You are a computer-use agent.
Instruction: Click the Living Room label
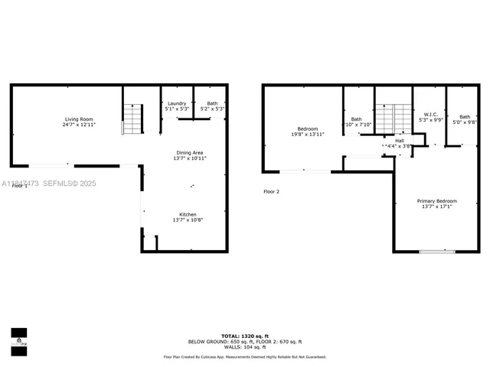79,119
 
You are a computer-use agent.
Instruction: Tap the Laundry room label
176,103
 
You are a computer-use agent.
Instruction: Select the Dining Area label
189,152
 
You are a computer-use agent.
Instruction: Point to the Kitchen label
188,214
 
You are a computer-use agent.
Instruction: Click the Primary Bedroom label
437,201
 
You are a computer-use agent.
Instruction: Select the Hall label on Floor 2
399,141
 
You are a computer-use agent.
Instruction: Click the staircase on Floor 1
132,119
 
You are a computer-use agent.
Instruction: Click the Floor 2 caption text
272,192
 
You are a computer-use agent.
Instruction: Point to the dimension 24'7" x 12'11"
79,125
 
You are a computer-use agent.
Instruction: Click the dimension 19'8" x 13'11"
307,135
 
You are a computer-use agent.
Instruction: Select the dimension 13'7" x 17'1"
437,206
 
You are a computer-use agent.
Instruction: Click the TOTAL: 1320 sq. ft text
245,336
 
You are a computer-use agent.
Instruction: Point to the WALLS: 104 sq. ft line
245,347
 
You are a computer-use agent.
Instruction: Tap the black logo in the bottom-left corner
18,336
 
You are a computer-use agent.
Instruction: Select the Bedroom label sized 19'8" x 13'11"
307,129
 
